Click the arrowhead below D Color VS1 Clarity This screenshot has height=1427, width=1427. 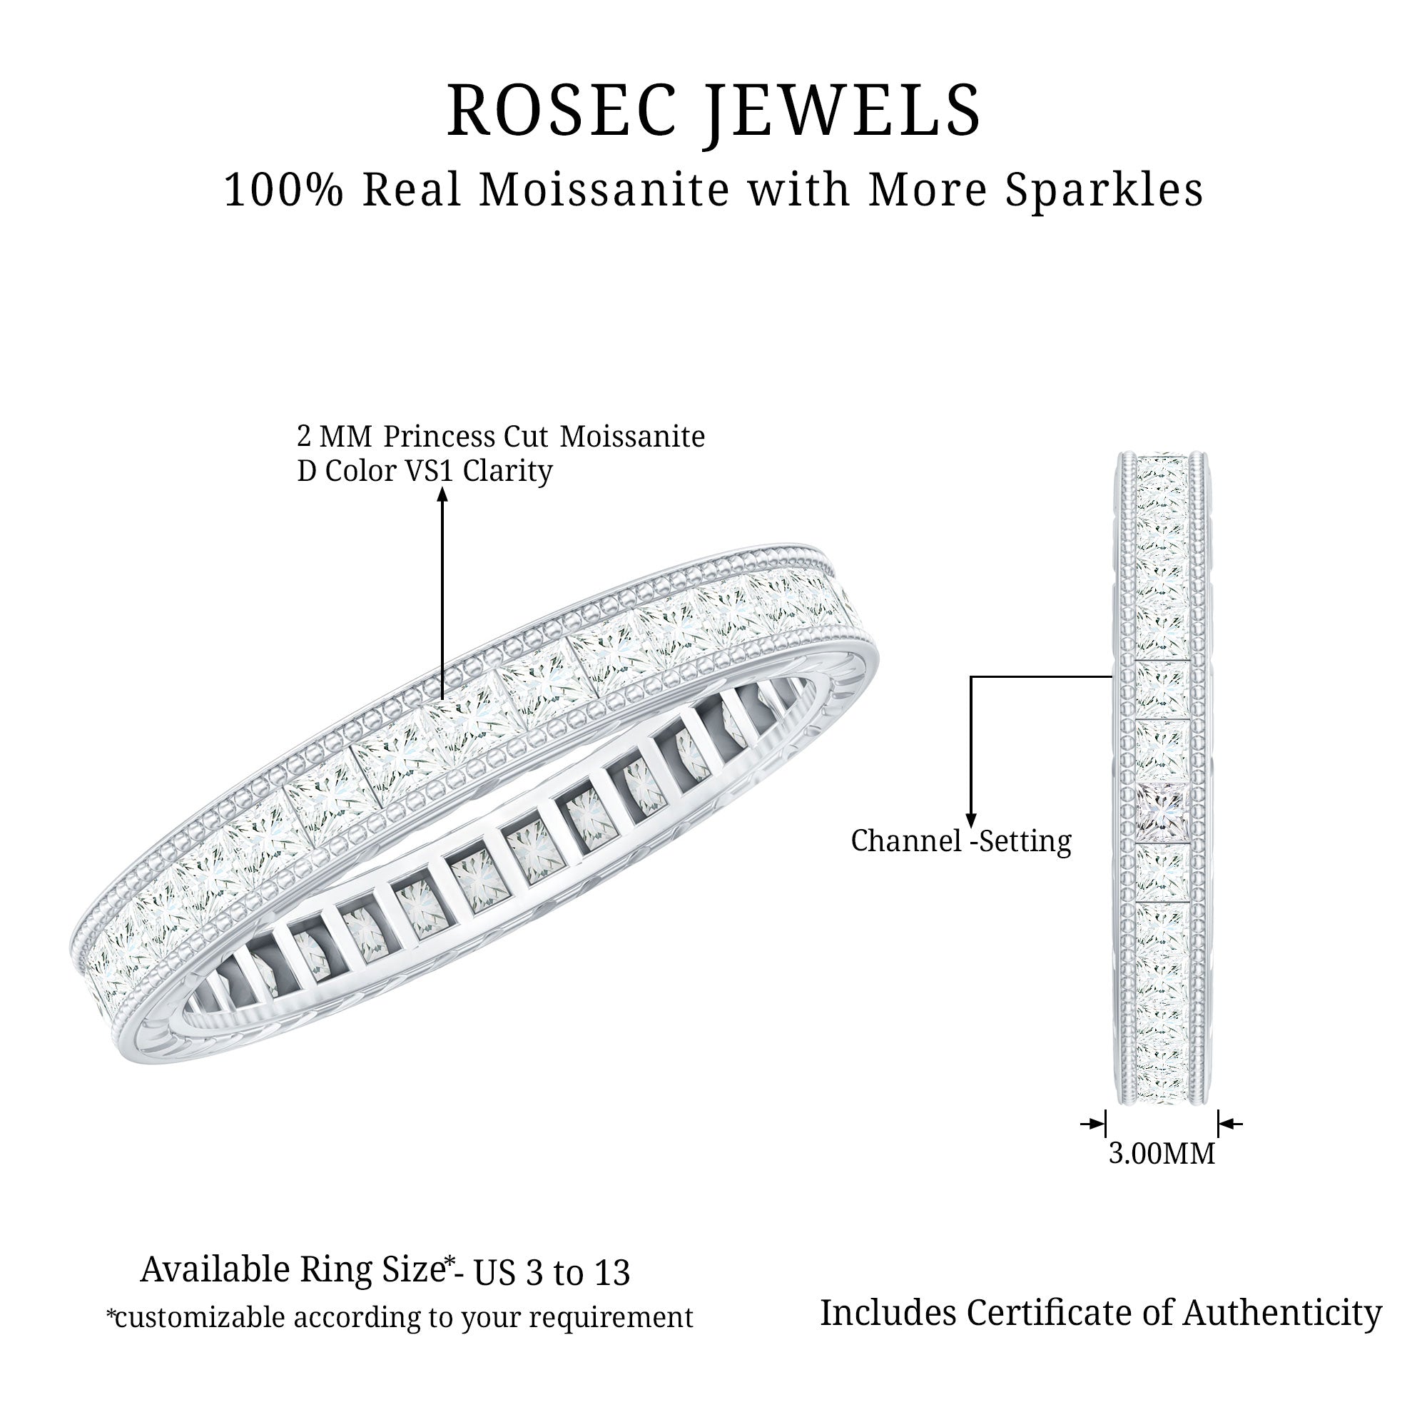442,494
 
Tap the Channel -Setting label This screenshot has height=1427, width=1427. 961,841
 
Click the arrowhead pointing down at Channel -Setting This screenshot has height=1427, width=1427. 970,818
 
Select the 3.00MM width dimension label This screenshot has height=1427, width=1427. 1162,1154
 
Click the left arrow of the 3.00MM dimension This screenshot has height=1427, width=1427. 1093,1124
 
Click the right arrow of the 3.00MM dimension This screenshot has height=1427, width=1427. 1230,1124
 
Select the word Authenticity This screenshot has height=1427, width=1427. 1282,1314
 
